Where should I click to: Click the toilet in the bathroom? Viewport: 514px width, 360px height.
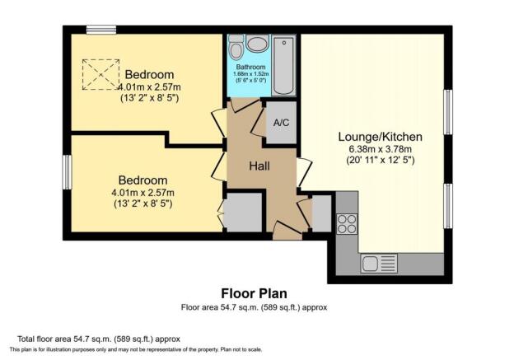(236, 47)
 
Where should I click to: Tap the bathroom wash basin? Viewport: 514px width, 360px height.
(258, 44)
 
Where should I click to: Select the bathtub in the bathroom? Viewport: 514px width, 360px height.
(283, 66)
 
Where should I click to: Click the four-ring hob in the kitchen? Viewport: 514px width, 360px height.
(347, 223)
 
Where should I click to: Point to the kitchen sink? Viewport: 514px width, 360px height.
(379, 264)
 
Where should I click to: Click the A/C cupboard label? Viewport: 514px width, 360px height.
(281, 123)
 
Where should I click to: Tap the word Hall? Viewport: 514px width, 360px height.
(259, 166)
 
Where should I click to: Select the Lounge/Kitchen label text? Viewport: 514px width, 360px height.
(381, 137)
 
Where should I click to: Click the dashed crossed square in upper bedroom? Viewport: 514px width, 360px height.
(100, 74)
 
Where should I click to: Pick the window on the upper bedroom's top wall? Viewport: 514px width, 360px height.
(101, 30)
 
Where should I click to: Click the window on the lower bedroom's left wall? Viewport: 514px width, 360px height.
(67, 172)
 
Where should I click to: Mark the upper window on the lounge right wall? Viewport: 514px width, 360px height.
(448, 112)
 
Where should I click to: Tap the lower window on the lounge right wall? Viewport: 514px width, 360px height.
(448, 206)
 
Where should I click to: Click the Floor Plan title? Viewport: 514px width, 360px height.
(254, 293)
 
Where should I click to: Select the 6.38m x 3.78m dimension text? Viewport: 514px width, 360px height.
(381, 149)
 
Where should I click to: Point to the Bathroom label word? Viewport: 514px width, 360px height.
(250, 67)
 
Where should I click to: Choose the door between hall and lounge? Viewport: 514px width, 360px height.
(304, 173)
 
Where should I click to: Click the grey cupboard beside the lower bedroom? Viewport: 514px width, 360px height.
(243, 213)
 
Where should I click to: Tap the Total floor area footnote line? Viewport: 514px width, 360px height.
(99, 339)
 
